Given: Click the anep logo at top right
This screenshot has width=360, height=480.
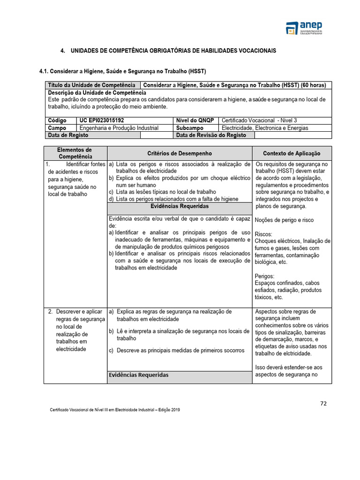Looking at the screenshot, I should click(x=305, y=28).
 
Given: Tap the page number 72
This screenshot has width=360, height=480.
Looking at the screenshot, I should click(x=324, y=403).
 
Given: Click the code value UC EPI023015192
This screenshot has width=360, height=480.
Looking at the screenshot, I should click(x=101, y=120).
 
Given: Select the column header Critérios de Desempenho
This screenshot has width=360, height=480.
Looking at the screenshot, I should click(x=180, y=153).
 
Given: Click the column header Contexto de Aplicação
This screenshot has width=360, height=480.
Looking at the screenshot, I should click(x=292, y=153).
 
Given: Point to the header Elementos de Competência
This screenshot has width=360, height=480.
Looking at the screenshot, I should click(x=75, y=153).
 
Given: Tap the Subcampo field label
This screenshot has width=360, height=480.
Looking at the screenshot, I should click(x=190, y=128).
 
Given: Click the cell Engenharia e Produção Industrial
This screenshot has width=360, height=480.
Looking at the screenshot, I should click(x=119, y=128).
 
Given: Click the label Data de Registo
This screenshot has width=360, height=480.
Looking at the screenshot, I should click(x=68, y=135).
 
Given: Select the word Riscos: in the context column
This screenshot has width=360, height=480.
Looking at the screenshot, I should click(x=263, y=234).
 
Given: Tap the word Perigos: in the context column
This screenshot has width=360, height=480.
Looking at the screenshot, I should click(x=265, y=276).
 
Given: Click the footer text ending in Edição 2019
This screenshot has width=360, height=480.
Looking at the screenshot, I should click(x=115, y=410).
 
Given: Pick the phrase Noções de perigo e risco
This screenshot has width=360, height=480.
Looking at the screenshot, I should click(x=284, y=220).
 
